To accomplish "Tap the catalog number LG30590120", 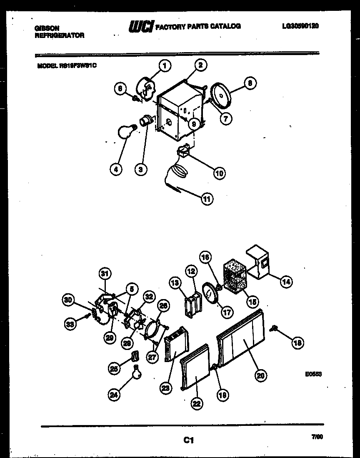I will [x=300, y=26].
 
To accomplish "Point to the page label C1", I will [x=188, y=440].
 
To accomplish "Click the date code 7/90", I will [x=317, y=437].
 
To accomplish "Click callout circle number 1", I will [x=165, y=65].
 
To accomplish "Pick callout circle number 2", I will [x=200, y=65].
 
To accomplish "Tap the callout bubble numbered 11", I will [x=207, y=199].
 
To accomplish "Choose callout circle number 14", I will [x=285, y=282].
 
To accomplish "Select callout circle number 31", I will [x=105, y=274].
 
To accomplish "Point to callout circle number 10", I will [x=219, y=173].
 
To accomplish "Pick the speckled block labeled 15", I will [x=235, y=274].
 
